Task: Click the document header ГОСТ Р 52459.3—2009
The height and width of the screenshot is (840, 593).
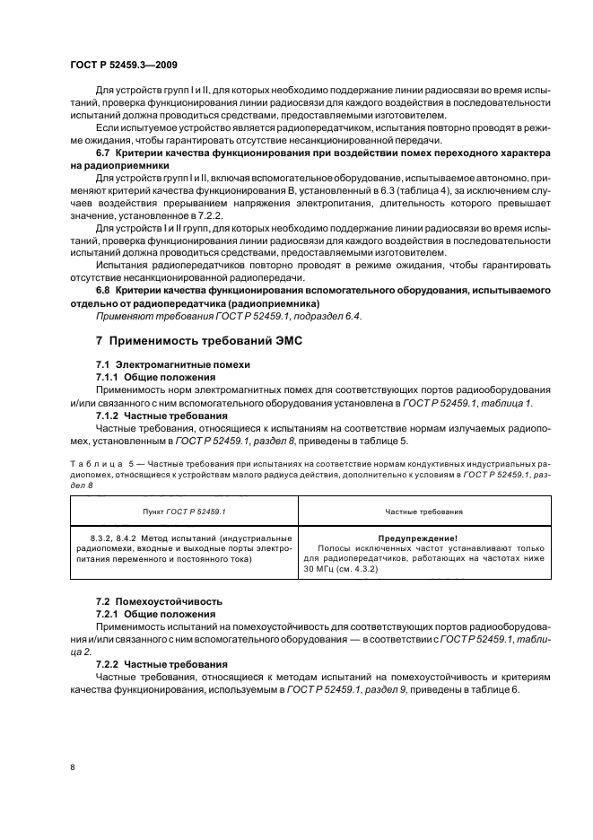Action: [121, 65]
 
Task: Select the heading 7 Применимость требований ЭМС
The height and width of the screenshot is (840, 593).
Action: [190, 342]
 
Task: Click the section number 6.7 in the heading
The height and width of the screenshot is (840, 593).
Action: [105, 154]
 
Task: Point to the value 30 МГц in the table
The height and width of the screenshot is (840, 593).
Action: [318, 569]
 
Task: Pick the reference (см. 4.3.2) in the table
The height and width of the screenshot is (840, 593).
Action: [358, 569]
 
